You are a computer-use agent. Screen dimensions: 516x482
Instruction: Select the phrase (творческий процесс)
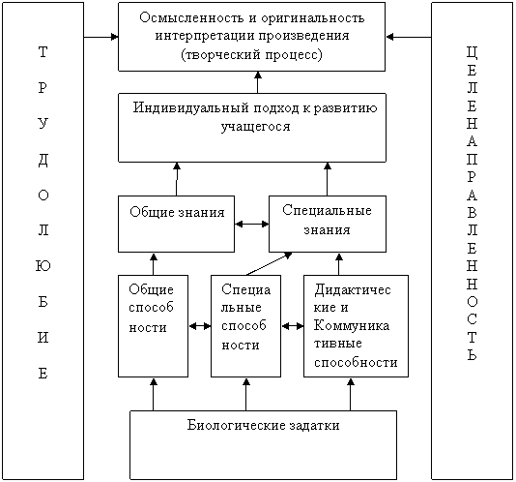(252, 54)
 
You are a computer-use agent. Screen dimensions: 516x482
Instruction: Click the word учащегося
(255, 127)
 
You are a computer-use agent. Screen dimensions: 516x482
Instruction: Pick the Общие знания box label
(177, 212)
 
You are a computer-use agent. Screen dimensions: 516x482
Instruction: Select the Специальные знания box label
(328, 220)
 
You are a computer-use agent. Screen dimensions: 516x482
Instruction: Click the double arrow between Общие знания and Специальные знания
(252, 225)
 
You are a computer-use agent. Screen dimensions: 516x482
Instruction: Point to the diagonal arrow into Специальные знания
(269, 264)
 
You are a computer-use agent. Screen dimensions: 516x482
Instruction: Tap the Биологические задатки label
(263, 425)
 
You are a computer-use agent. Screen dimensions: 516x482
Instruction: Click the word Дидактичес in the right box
(352, 289)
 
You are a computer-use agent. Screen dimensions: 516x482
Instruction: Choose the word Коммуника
(352, 325)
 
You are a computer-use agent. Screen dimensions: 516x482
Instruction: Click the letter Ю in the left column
(43, 265)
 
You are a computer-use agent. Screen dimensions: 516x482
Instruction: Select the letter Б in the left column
(43, 301)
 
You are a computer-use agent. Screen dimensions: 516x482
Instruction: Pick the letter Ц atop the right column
(472, 52)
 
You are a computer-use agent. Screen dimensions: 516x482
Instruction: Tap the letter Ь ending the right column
(472, 355)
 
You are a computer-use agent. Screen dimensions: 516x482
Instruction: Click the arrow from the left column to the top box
(101, 37)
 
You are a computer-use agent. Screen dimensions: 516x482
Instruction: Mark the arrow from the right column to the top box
(409, 37)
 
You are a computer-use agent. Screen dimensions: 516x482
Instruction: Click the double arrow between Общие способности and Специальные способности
(200, 326)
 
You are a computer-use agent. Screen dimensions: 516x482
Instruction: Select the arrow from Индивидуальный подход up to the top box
(258, 82)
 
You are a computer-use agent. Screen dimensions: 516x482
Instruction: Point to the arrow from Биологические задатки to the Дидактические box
(351, 394)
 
